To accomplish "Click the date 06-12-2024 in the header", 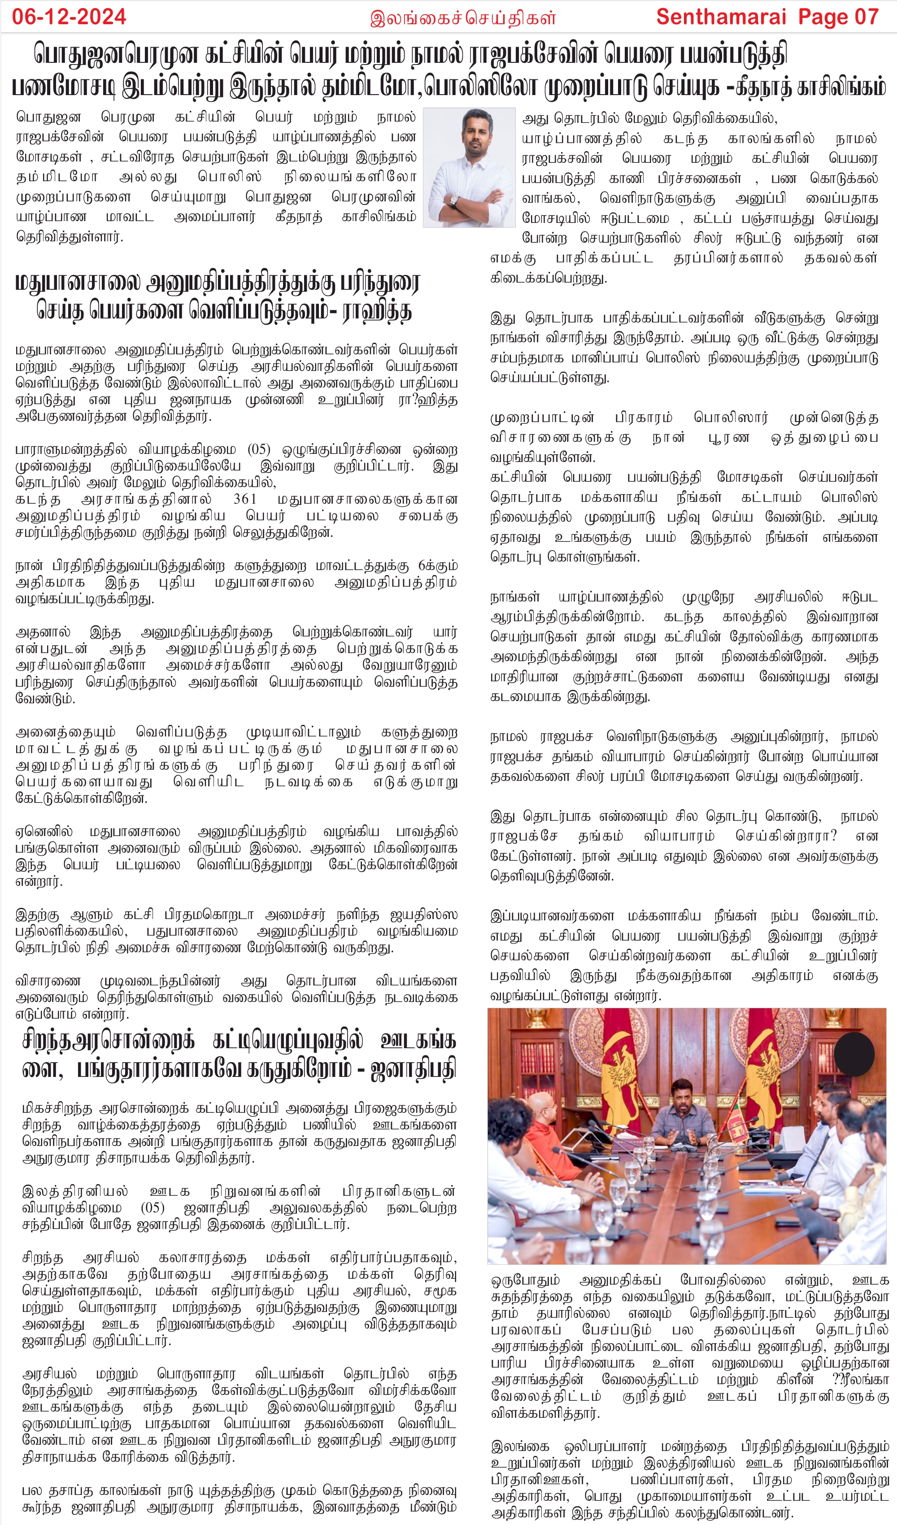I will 69,16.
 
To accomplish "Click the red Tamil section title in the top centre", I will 463,18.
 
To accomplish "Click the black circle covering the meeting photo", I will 854,1054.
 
